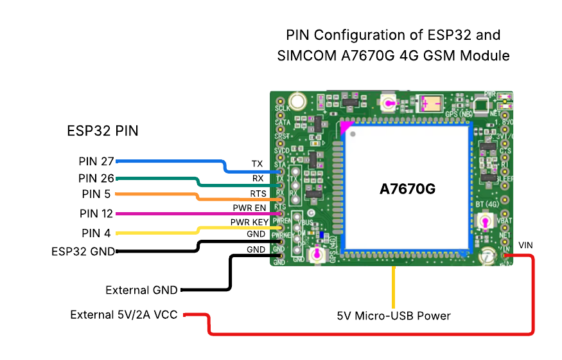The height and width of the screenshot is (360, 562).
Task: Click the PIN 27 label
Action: (96, 161)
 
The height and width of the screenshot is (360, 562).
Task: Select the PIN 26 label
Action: (96, 177)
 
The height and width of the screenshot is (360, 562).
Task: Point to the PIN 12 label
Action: (96, 213)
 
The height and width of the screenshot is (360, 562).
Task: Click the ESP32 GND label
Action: (83, 251)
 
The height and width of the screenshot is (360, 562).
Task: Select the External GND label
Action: (141, 290)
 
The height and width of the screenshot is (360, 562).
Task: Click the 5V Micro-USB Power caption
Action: (394, 316)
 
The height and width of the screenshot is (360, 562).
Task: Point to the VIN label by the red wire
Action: (525, 246)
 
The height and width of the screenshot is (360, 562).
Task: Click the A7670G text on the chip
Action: (407, 190)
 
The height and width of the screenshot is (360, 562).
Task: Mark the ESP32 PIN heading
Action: (103, 131)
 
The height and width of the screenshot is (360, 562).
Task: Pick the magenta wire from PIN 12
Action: (193, 213)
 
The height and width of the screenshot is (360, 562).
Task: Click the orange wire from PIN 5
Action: (154, 194)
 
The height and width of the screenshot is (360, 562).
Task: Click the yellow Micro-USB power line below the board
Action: (394, 286)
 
